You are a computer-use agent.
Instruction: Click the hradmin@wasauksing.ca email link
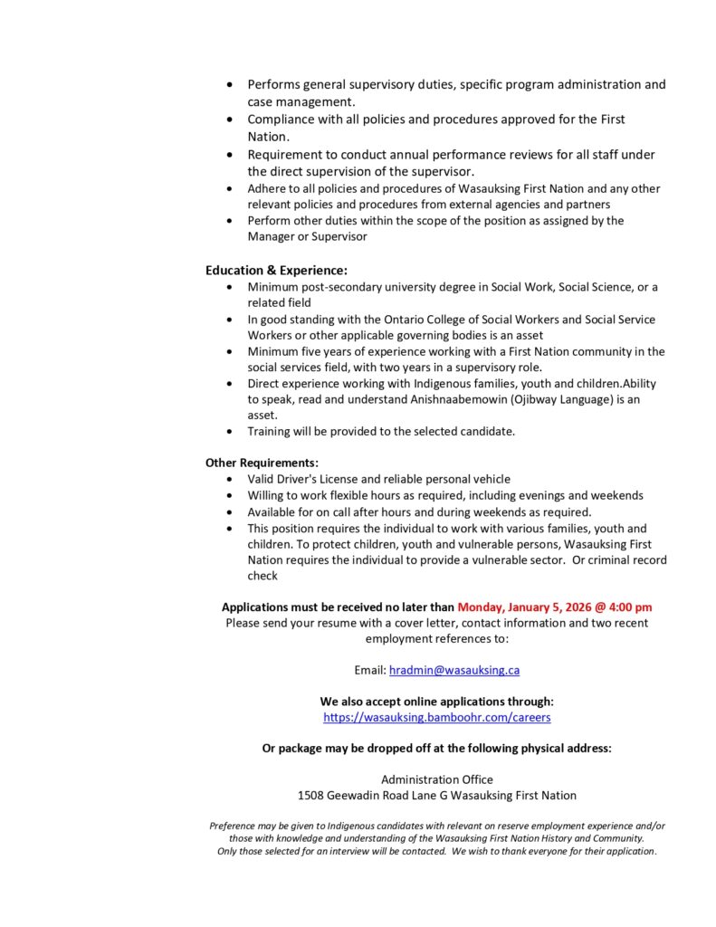[x=454, y=671]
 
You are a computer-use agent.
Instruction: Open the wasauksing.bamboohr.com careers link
[x=437, y=718]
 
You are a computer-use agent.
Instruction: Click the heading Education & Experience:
[x=276, y=270]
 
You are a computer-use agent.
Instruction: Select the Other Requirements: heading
[x=262, y=463]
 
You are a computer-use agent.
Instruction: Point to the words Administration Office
[x=437, y=779]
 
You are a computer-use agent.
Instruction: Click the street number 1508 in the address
[x=310, y=796]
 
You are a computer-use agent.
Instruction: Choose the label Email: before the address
[x=370, y=671]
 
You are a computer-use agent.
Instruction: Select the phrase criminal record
[x=626, y=560]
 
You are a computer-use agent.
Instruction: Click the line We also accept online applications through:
[x=437, y=702]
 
